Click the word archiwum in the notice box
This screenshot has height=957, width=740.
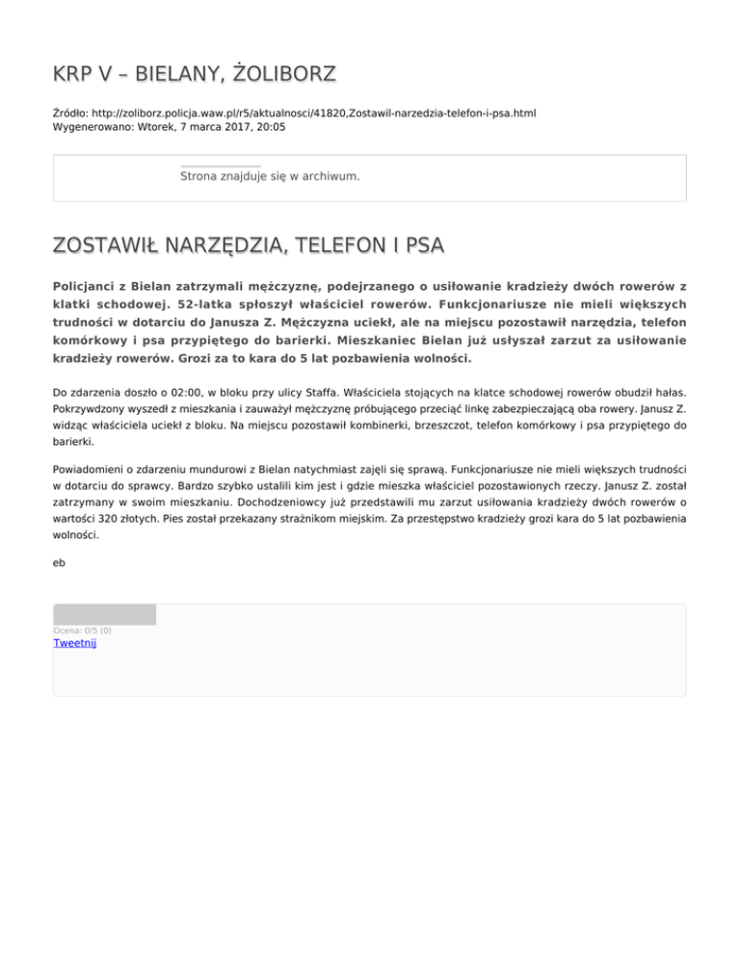(329, 177)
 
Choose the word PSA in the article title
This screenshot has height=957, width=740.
(416, 246)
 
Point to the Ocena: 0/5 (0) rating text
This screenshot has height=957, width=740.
(83, 631)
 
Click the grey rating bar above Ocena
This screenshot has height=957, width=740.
(104, 614)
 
